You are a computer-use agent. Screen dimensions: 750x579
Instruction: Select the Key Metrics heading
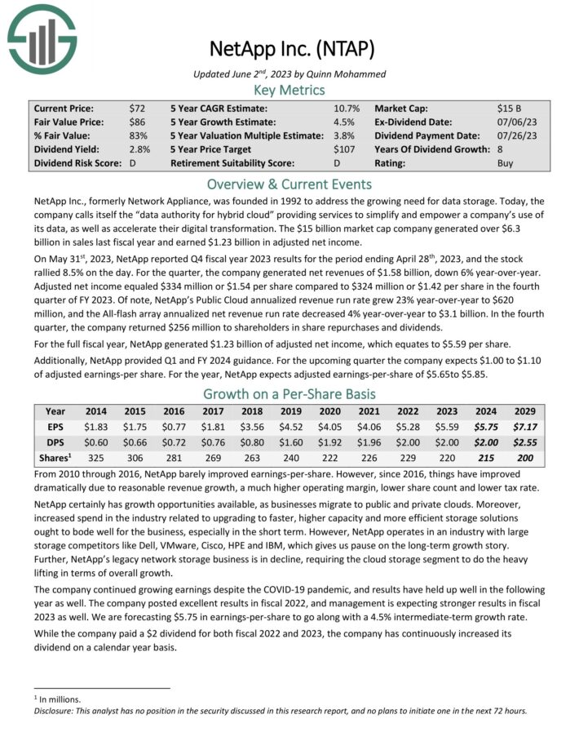click(289, 90)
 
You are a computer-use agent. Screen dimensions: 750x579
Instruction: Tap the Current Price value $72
click(137, 108)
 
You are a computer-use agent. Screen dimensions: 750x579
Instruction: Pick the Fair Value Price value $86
click(137, 122)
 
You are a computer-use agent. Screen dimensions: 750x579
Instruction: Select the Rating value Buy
click(506, 163)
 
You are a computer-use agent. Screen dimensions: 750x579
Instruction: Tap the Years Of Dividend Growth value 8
click(500, 149)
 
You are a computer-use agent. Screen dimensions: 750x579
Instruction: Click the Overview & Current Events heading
click(289, 184)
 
